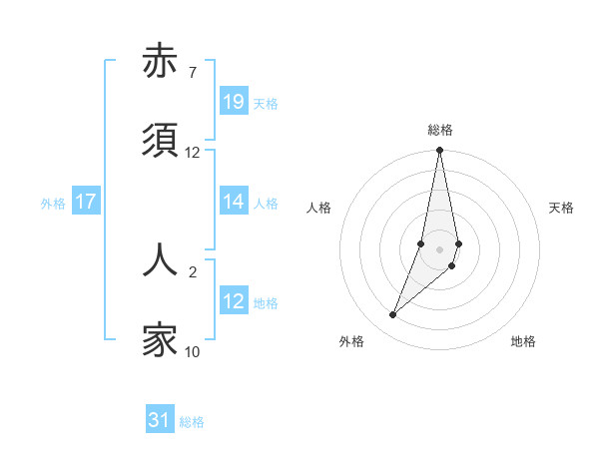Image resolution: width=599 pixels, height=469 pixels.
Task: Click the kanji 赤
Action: (x=161, y=62)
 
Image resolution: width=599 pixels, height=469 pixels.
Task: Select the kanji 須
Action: (x=161, y=141)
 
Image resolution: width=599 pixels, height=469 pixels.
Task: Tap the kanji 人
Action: (x=161, y=259)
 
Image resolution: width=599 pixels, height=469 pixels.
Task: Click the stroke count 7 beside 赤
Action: (x=192, y=73)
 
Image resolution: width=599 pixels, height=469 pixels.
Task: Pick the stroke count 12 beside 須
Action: (x=193, y=153)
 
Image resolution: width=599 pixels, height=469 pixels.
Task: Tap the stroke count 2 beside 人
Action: (x=192, y=270)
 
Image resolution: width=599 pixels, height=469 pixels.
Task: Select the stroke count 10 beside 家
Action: (x=193, y=351)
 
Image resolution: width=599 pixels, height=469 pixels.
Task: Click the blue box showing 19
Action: (x=234, y=102)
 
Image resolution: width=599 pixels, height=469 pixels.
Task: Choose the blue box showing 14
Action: (x=234, y=202)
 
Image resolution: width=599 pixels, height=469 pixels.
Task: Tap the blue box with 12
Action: (x=234, y=301)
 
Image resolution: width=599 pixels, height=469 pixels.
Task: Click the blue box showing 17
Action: (x=86, y=202)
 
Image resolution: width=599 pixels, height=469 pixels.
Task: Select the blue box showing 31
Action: (x=160, y=421)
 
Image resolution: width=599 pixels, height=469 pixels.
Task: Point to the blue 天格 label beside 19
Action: (x=266, y=103)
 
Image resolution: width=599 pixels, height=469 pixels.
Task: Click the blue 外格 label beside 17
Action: (x=53, y=203)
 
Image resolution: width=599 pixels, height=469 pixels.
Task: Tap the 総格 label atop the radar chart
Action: (x=440, y=130)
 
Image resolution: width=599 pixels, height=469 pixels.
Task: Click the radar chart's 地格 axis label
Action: (x=523, y=342)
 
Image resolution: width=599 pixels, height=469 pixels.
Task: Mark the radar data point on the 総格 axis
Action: (x=440, y=151)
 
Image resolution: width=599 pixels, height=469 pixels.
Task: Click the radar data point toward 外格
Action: (x=392, y=315)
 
